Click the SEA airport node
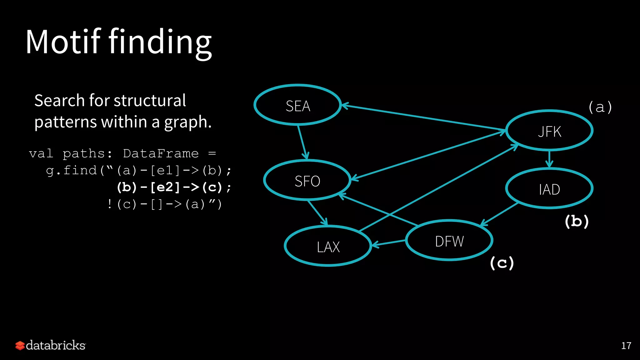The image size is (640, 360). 297,105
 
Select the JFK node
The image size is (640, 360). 549,131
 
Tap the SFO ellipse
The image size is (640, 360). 307,181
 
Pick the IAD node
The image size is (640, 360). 549,189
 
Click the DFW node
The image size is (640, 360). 449,241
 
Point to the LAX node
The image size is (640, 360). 328,246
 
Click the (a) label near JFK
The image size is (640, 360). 600,107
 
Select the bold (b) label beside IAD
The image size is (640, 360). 577,221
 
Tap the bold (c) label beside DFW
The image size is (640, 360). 502,263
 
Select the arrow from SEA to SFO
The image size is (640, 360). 302,142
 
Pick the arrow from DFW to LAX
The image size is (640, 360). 388,243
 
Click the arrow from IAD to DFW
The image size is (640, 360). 499,214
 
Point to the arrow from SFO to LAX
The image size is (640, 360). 317,212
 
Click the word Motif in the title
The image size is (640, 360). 63,42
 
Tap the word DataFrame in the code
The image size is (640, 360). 161,153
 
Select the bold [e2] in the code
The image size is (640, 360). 165,187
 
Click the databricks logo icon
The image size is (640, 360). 20,345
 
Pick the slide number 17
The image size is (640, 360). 626,346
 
